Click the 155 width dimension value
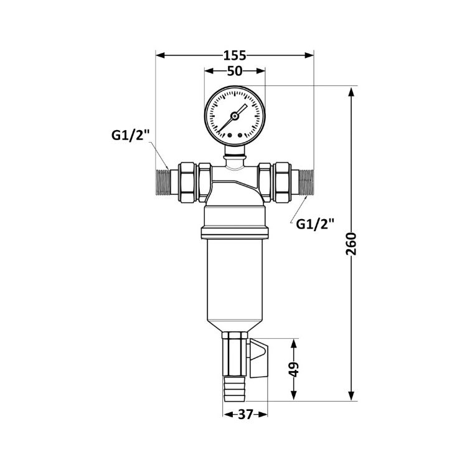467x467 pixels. tap(235, 55)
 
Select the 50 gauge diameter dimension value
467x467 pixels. tap(235, 71)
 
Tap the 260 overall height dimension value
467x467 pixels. tap(351, 244)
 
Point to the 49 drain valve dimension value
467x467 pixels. tap(294, 370)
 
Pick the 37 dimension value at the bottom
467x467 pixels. tap(245, 414)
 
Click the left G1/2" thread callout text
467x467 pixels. tap(130, 136)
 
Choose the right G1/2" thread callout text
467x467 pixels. tap(315, 224)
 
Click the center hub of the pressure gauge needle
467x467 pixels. tap(234, 116)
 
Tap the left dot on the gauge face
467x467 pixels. tap(229, 136)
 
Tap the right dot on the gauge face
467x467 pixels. tap(240, 136)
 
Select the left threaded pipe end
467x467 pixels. tap(163, 182)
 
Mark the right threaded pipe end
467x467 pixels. tap(306, 182)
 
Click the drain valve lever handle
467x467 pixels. tap(259, 359)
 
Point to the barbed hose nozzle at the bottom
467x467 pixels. tap(234, 389)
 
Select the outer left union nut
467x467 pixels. tap(187, 182)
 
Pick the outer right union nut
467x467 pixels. tap(281, 182)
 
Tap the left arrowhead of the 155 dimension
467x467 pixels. tap(161, 55)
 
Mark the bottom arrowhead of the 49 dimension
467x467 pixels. tap(294, 395)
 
